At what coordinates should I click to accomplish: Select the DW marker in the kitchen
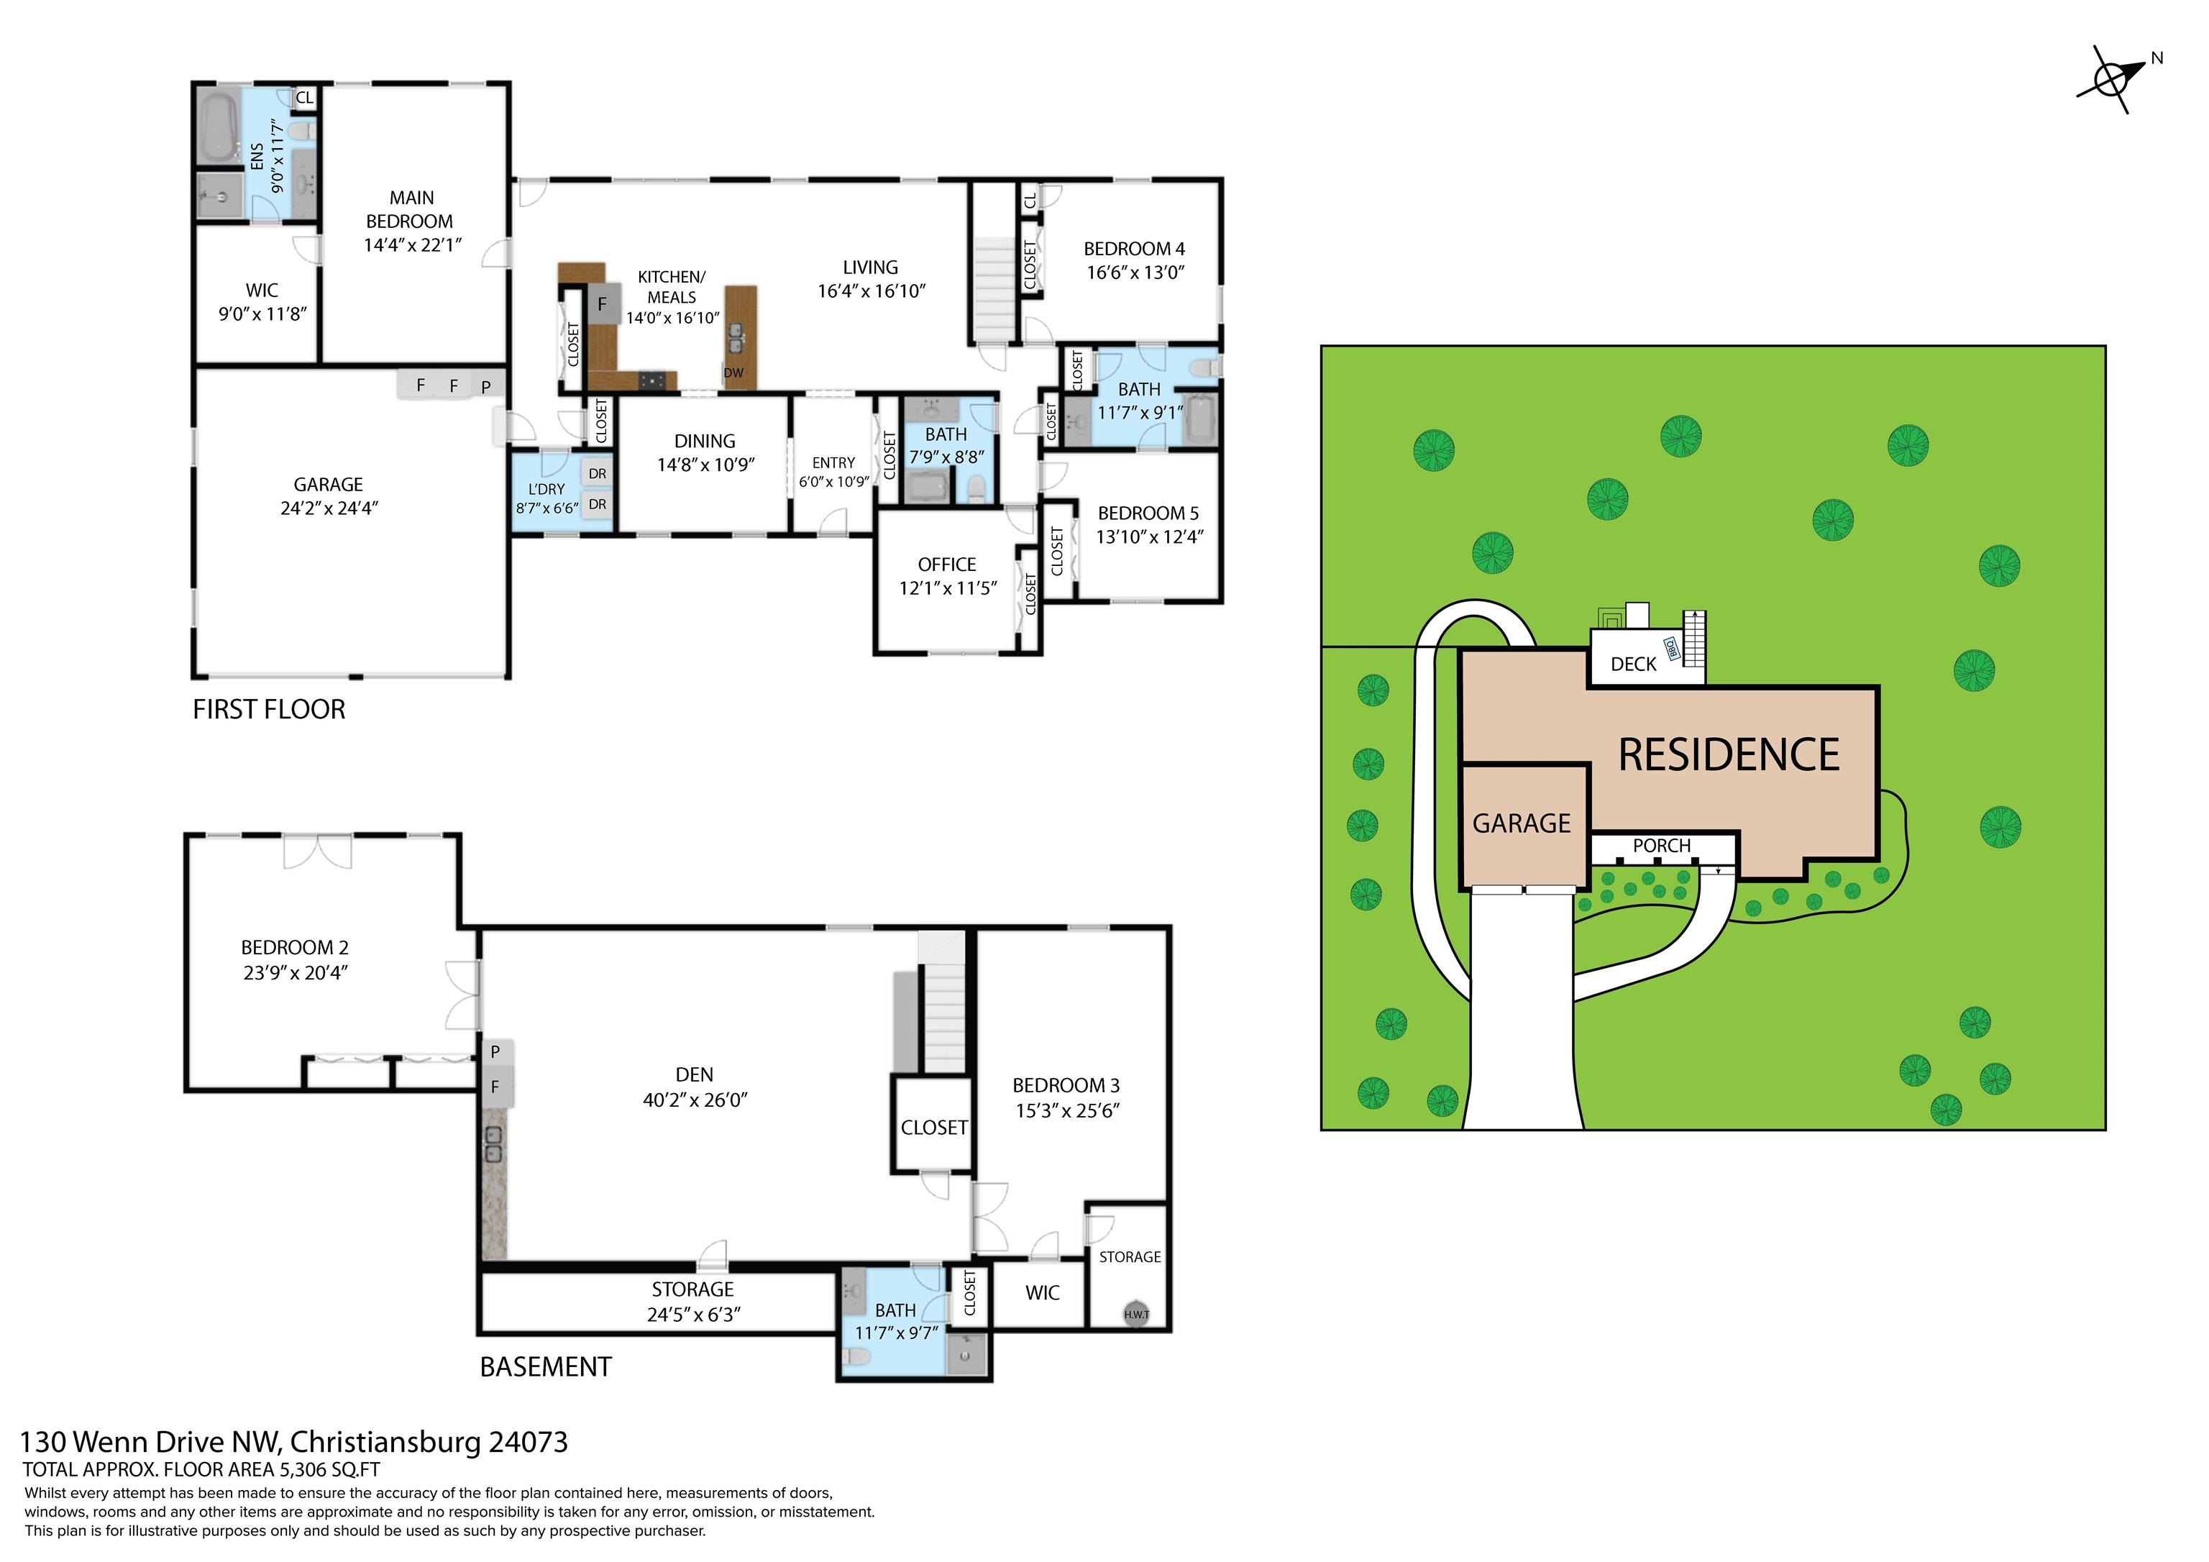[733, 373]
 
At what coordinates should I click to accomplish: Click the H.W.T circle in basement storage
[1136, 1314]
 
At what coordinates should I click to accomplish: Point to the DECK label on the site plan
[1634, 664]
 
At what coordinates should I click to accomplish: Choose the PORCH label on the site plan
[1662, 846]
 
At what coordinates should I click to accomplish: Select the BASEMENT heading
[546, 1368]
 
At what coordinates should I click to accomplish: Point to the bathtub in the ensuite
[219, 125]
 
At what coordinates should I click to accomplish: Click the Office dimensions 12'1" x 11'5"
[948, 588]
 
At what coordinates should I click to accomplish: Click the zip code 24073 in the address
[529, 1443]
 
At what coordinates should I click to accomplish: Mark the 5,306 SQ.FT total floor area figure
[330, 1471]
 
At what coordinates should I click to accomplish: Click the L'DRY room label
[546, 489]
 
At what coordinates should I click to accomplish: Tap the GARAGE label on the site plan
[1521, 824]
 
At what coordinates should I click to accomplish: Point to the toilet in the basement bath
[855, 1358]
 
